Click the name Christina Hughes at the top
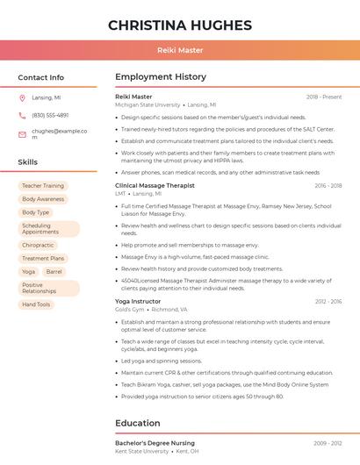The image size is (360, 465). [180, 25]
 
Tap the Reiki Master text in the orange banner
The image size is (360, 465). [180, 51]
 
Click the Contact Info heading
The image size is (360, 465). [41, 77]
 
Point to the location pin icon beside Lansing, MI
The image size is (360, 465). [22, 98]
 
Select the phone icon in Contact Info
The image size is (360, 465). [22, 115]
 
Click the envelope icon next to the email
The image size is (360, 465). [22, 133]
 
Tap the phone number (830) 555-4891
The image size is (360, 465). [50, 115]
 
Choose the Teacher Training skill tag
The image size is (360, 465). [43, 186]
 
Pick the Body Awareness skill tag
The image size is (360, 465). [43, 199]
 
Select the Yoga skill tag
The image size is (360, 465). [29, 272]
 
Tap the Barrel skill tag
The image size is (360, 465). [54, 272]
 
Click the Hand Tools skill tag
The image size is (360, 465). [36, 304]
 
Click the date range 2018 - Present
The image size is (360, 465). [324, 97]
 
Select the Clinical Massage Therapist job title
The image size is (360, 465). [155, 186]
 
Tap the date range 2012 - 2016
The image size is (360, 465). [328, 302]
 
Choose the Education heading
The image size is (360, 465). [138, 423]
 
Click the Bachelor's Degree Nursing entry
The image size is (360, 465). [155, 444]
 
